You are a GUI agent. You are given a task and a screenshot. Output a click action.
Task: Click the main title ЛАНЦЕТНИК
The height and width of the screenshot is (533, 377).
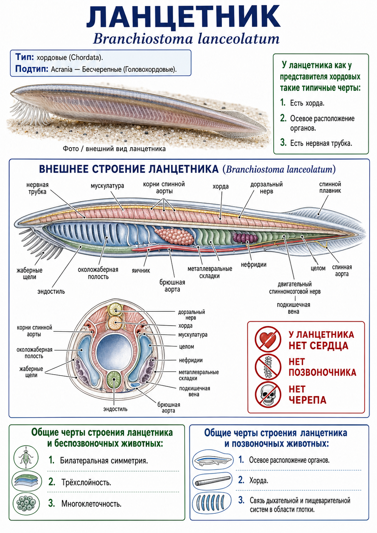(x=183, y=17)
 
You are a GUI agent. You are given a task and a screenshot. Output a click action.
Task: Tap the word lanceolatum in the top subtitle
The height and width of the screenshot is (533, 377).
(x=239, y=39)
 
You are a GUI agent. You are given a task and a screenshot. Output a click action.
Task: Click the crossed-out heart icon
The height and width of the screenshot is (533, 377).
(x=268, y=339)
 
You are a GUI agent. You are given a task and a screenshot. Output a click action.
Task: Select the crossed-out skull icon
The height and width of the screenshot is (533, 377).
(x=268, y=395)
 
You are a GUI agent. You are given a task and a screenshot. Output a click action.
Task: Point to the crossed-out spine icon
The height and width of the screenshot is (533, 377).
(x=268, y=367)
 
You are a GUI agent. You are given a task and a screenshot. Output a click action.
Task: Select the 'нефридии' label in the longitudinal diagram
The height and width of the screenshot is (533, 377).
(x=254, y=265)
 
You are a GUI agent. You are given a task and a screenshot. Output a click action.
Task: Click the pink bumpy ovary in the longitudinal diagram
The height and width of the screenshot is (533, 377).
(x=174, y=236)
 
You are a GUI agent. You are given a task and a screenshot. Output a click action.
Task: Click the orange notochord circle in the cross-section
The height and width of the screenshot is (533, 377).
(x=115, y=323)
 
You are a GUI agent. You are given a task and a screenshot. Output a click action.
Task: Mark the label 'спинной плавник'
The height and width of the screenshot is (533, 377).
(x=330, y=187)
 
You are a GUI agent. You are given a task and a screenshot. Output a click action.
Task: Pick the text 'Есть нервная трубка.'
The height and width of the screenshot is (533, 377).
(x=321, y=143)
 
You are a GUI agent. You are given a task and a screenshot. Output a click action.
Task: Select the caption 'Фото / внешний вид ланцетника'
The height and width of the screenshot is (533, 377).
(x=114, y=149)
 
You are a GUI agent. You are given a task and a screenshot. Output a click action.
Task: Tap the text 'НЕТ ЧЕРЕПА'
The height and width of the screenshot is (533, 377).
(x=307, y=395)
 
